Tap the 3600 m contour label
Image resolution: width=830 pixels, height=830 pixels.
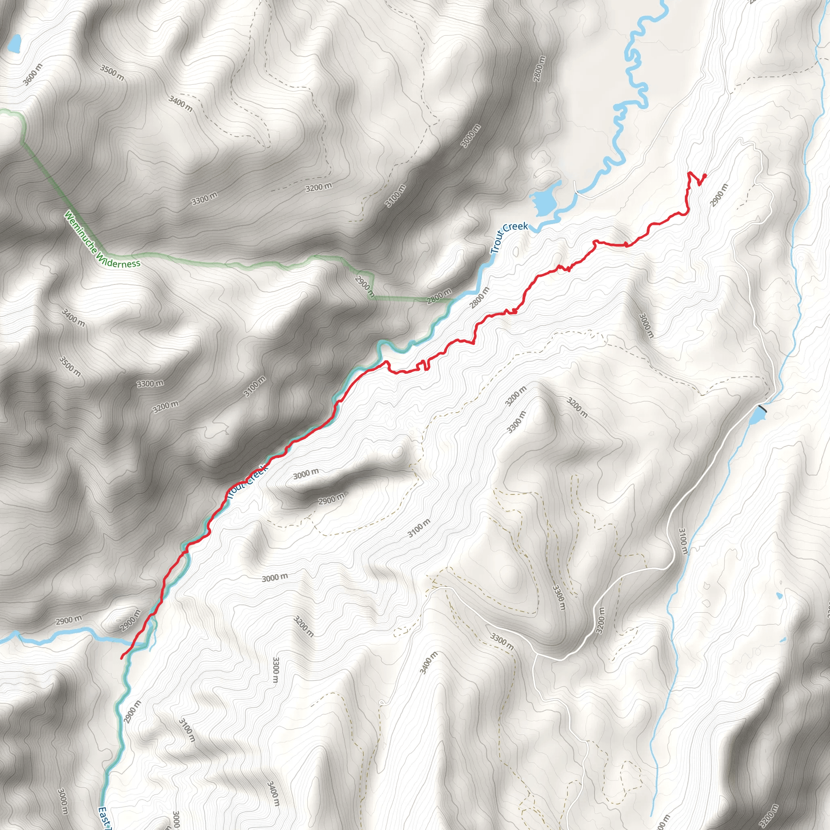33,74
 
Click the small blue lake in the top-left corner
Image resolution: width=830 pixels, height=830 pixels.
14,43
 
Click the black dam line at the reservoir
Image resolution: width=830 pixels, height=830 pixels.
763,409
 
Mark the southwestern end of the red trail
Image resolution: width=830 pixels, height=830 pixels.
122,658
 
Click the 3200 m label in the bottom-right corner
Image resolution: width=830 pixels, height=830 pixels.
768,815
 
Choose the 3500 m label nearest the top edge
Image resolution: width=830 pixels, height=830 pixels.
112,73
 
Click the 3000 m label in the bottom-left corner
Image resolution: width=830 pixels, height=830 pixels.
63,801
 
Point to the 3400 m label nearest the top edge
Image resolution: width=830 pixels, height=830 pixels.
180,103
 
